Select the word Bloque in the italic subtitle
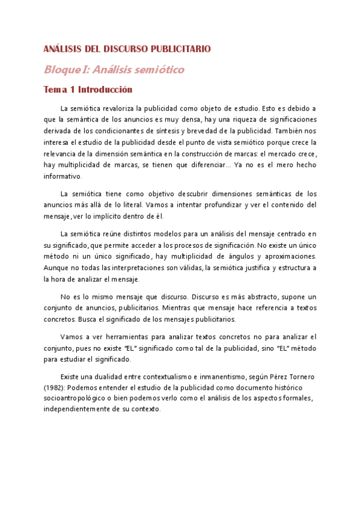59,70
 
